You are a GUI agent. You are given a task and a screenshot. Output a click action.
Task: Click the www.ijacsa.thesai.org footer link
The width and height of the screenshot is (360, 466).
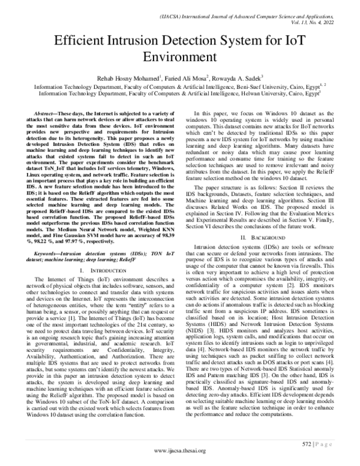point(180,451)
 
